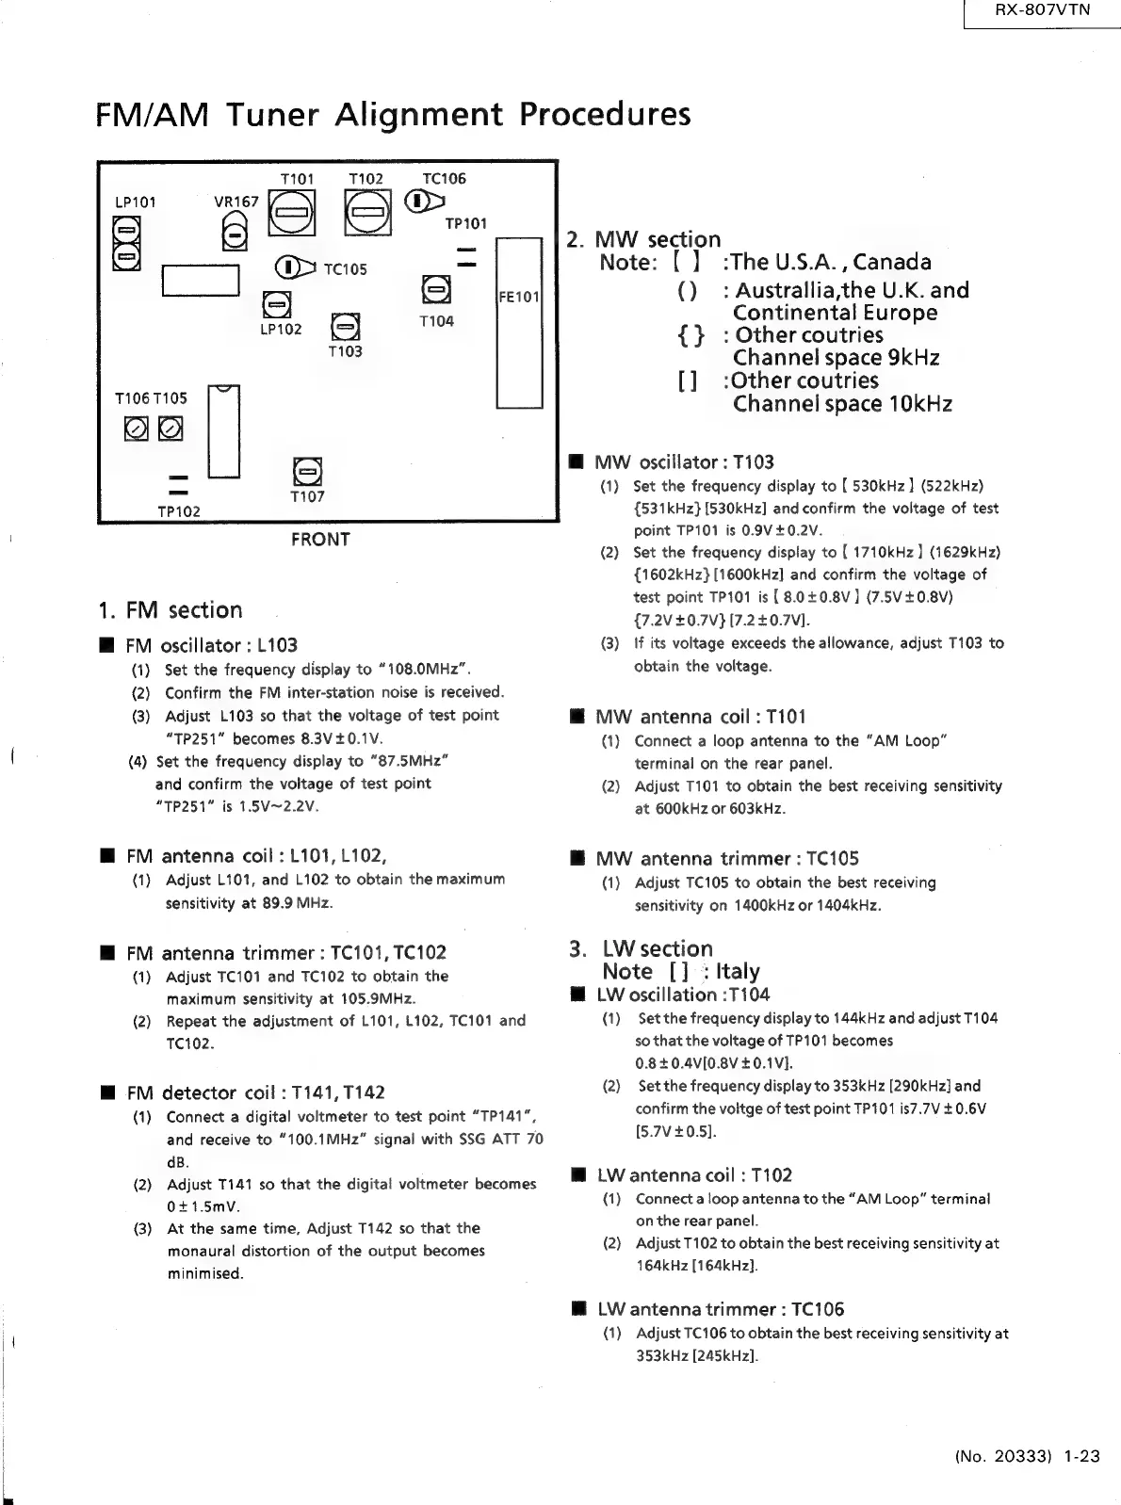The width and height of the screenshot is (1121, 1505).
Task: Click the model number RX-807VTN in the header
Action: point(1042,10)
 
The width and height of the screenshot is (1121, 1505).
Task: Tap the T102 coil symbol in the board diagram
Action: point(367,212)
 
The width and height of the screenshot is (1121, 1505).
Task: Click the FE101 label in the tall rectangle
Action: point(518,298)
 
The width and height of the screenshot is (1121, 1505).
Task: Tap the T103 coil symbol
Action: point(345,328)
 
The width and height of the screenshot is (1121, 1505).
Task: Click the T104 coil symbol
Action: point(435,288)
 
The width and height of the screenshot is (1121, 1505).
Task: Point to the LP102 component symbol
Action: point(275,305)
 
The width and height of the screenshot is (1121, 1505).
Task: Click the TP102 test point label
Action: point(178,511)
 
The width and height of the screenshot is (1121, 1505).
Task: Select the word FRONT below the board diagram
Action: point(320,540)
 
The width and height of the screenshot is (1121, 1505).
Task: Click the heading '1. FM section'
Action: point(171,610)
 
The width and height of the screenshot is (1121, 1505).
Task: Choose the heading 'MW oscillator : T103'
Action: point(684,462)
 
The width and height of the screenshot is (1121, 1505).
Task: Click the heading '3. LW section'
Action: point(641,948)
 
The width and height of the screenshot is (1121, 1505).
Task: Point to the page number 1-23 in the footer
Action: point(1081,1456)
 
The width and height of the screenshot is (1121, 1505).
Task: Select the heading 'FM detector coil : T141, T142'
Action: point(255,1092)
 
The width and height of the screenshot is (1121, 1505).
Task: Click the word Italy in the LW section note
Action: point(738,971)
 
